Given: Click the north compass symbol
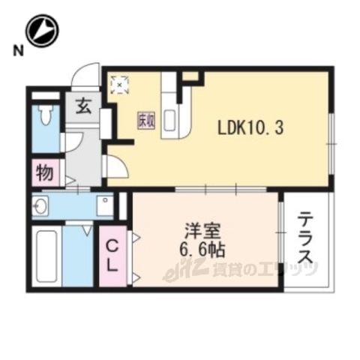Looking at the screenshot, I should click(42, 31).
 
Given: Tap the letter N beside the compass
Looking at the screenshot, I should click(16, 51).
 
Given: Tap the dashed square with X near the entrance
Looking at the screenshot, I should click(120, 84).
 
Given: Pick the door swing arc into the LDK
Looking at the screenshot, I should click(116, 166).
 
